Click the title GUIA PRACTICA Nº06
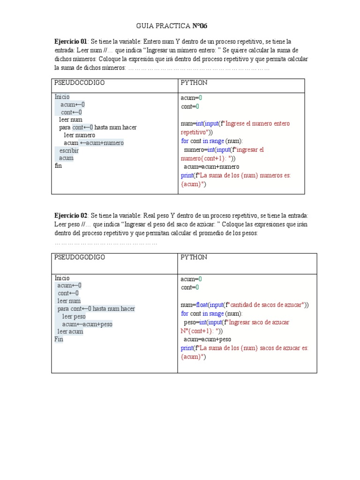(x=171, y=26)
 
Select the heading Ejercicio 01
(x=70, y=42)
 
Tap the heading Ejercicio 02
(x=70, y=215)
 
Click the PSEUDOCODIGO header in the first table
(x=79, y=83)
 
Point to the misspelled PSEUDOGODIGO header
(x=80, y=257)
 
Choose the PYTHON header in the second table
(x=194, y=257)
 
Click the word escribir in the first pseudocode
(x=69, y=150)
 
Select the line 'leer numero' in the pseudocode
(x=79, y=135)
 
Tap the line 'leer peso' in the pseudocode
(x=74, y=316)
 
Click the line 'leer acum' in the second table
(x=70, y=331)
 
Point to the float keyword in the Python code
(x=202, y=305)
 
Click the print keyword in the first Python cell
(x=187, y=175)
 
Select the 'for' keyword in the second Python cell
(x=185, y=314)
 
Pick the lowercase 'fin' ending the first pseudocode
(x=58, y=165)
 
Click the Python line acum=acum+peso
(x=207, y=339)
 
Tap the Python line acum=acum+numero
(x=211, y=167)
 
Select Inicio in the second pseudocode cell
(x=62, y=278)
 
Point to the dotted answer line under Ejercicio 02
(x=106, y=243)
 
